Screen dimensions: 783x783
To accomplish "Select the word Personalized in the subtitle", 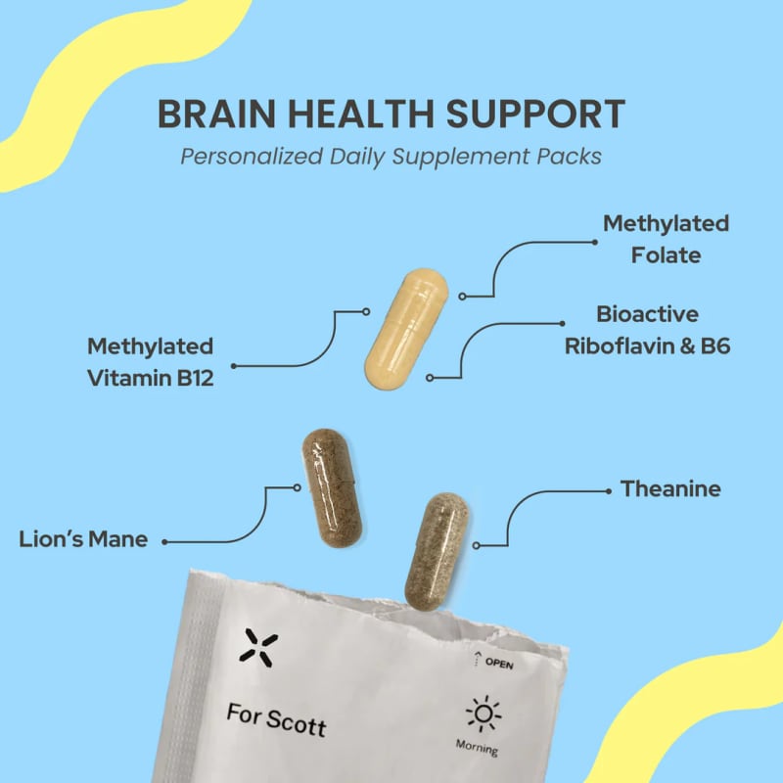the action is tap(252, 157).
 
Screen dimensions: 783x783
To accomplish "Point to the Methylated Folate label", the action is tap(666, 239).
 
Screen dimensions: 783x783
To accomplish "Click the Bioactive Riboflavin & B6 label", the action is tap(647, 330).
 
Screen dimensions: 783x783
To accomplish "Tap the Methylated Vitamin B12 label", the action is tap(151, 362).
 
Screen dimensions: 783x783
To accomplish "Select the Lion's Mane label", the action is tap(83, 539).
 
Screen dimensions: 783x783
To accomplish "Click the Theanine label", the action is tap(670, 488).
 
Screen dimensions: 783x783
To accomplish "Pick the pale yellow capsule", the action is tap(406, 329).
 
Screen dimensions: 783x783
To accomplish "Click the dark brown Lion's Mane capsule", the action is tap(332, 487).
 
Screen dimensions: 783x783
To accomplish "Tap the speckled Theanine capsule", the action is tap(436, 551).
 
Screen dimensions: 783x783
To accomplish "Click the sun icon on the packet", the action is tap(483, 714).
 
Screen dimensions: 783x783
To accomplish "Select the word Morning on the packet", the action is tap(477, 748).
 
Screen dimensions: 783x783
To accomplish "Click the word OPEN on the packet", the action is tap(499, 663).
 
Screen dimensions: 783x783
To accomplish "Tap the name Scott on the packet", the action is tap(297, 722).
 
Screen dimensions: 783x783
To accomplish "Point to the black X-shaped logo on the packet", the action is tap(258, 648).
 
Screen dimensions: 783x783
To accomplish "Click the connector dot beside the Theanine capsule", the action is tap(476, 546).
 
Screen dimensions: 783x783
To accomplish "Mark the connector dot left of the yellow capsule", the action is tap(366, 311).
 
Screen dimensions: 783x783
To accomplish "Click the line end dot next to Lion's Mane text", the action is tap(164, 542).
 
